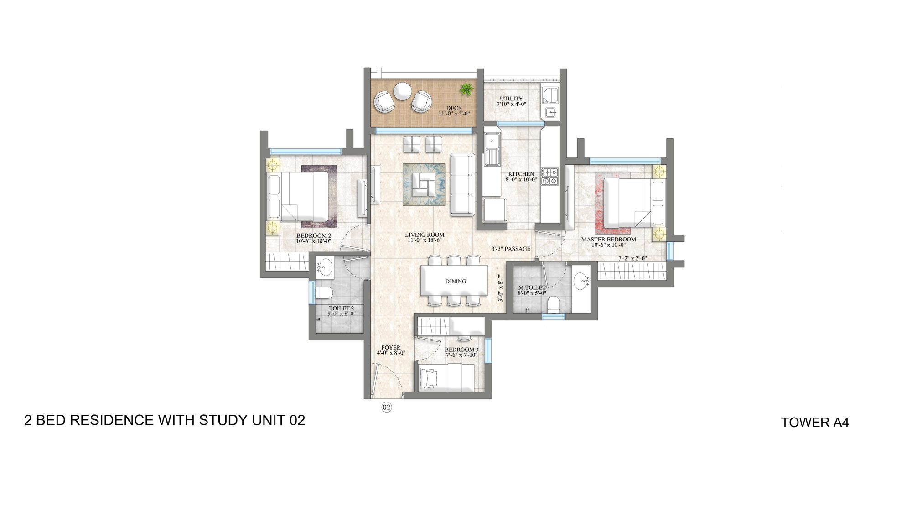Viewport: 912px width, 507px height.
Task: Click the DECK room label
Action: point(454,108)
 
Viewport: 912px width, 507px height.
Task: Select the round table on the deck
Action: point(403,90)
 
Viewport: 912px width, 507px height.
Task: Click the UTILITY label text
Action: point(511,99)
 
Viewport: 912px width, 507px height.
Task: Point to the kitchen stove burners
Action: point(550,176)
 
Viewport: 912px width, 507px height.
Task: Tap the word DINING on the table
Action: point(456,282)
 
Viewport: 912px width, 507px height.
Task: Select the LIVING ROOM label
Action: point(425,235)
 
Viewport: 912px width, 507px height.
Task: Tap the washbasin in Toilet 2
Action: point(325,267)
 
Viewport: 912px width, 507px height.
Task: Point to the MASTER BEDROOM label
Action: point(608,239)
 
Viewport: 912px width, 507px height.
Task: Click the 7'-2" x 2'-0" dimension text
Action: point(632,258)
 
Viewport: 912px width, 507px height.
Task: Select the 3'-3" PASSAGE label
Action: point(511,249)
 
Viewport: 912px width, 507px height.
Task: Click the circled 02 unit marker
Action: point(386,407)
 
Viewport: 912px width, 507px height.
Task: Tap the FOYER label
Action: point(391,348)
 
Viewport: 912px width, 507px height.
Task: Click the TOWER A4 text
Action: point(814,423)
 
